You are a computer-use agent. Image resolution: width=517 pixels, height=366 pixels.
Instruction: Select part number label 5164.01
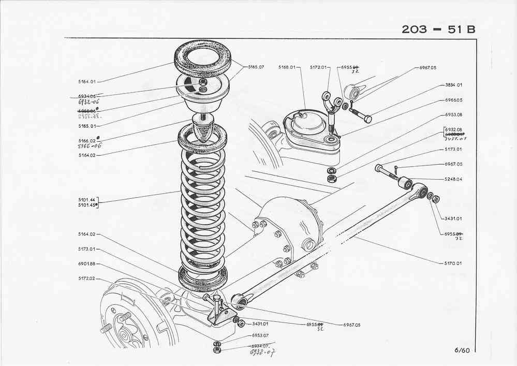tap(86, 82)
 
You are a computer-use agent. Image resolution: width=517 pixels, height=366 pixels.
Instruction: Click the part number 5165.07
tap(256, 67)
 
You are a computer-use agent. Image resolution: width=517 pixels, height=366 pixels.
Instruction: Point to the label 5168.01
tap(286, 67)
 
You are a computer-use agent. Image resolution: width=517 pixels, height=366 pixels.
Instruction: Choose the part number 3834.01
tap(453, 84)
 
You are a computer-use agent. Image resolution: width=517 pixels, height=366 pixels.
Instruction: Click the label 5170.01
tap(453, 263)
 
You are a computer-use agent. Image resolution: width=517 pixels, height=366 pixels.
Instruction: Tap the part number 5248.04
tap(453, 179)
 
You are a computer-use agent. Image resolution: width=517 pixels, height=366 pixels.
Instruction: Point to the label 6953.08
tap(453, 114)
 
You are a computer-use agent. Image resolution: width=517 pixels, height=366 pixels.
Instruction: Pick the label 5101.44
tap(85, 199)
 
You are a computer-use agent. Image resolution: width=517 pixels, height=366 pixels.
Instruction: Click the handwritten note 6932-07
tap(261, 352)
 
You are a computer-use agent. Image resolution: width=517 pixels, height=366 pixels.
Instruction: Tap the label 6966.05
tap(453, 100)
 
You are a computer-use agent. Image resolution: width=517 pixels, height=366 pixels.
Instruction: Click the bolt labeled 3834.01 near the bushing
tap(360, 113)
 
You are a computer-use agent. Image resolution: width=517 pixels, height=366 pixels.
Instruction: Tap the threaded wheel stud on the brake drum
tap(105, 328)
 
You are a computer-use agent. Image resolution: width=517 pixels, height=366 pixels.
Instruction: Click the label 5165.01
tap(86, 126)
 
